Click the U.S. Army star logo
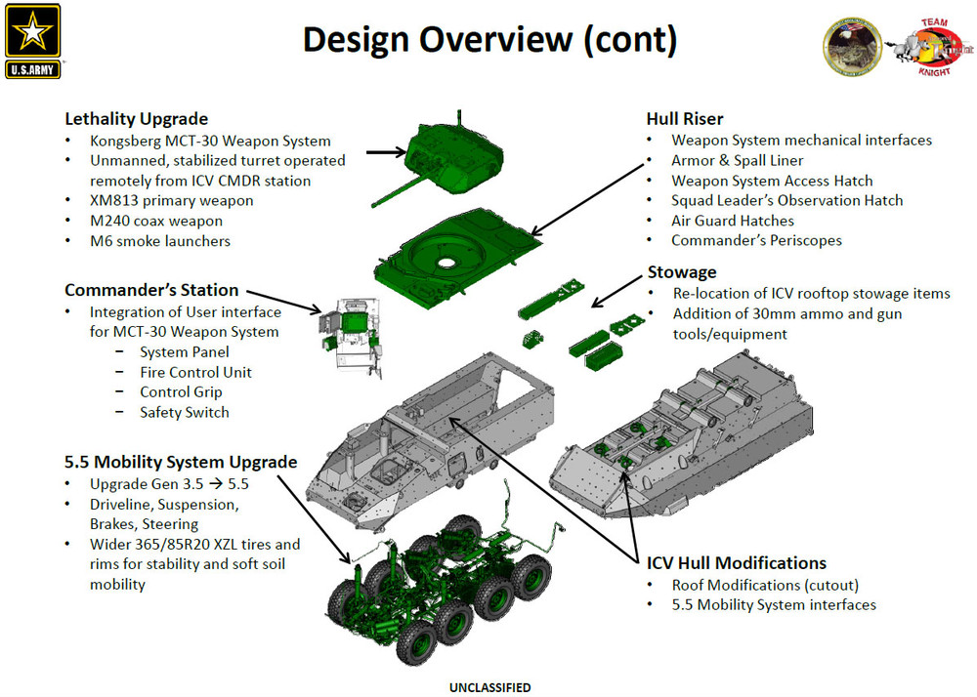[x=32, y=40]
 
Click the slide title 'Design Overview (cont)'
[x=488, y=40]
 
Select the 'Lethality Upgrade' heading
[x=136, y=119]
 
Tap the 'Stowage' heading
[x=682, y=271]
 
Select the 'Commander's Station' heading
[x=151, y=290]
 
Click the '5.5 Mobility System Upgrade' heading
[x=181, y=462]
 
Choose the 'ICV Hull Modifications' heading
[x=736, y=563]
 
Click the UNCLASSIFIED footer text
[x=489, y=688]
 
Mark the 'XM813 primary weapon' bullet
[x=171, y=200]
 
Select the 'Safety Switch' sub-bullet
[x=184, y=412]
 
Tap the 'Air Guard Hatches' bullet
[x=732, y=221]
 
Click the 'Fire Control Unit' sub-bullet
[x=195, y=372]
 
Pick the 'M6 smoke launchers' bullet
[x=160, y=240]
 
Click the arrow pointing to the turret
[x=385, y=151]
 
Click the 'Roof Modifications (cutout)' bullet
[x=766, y=585]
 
